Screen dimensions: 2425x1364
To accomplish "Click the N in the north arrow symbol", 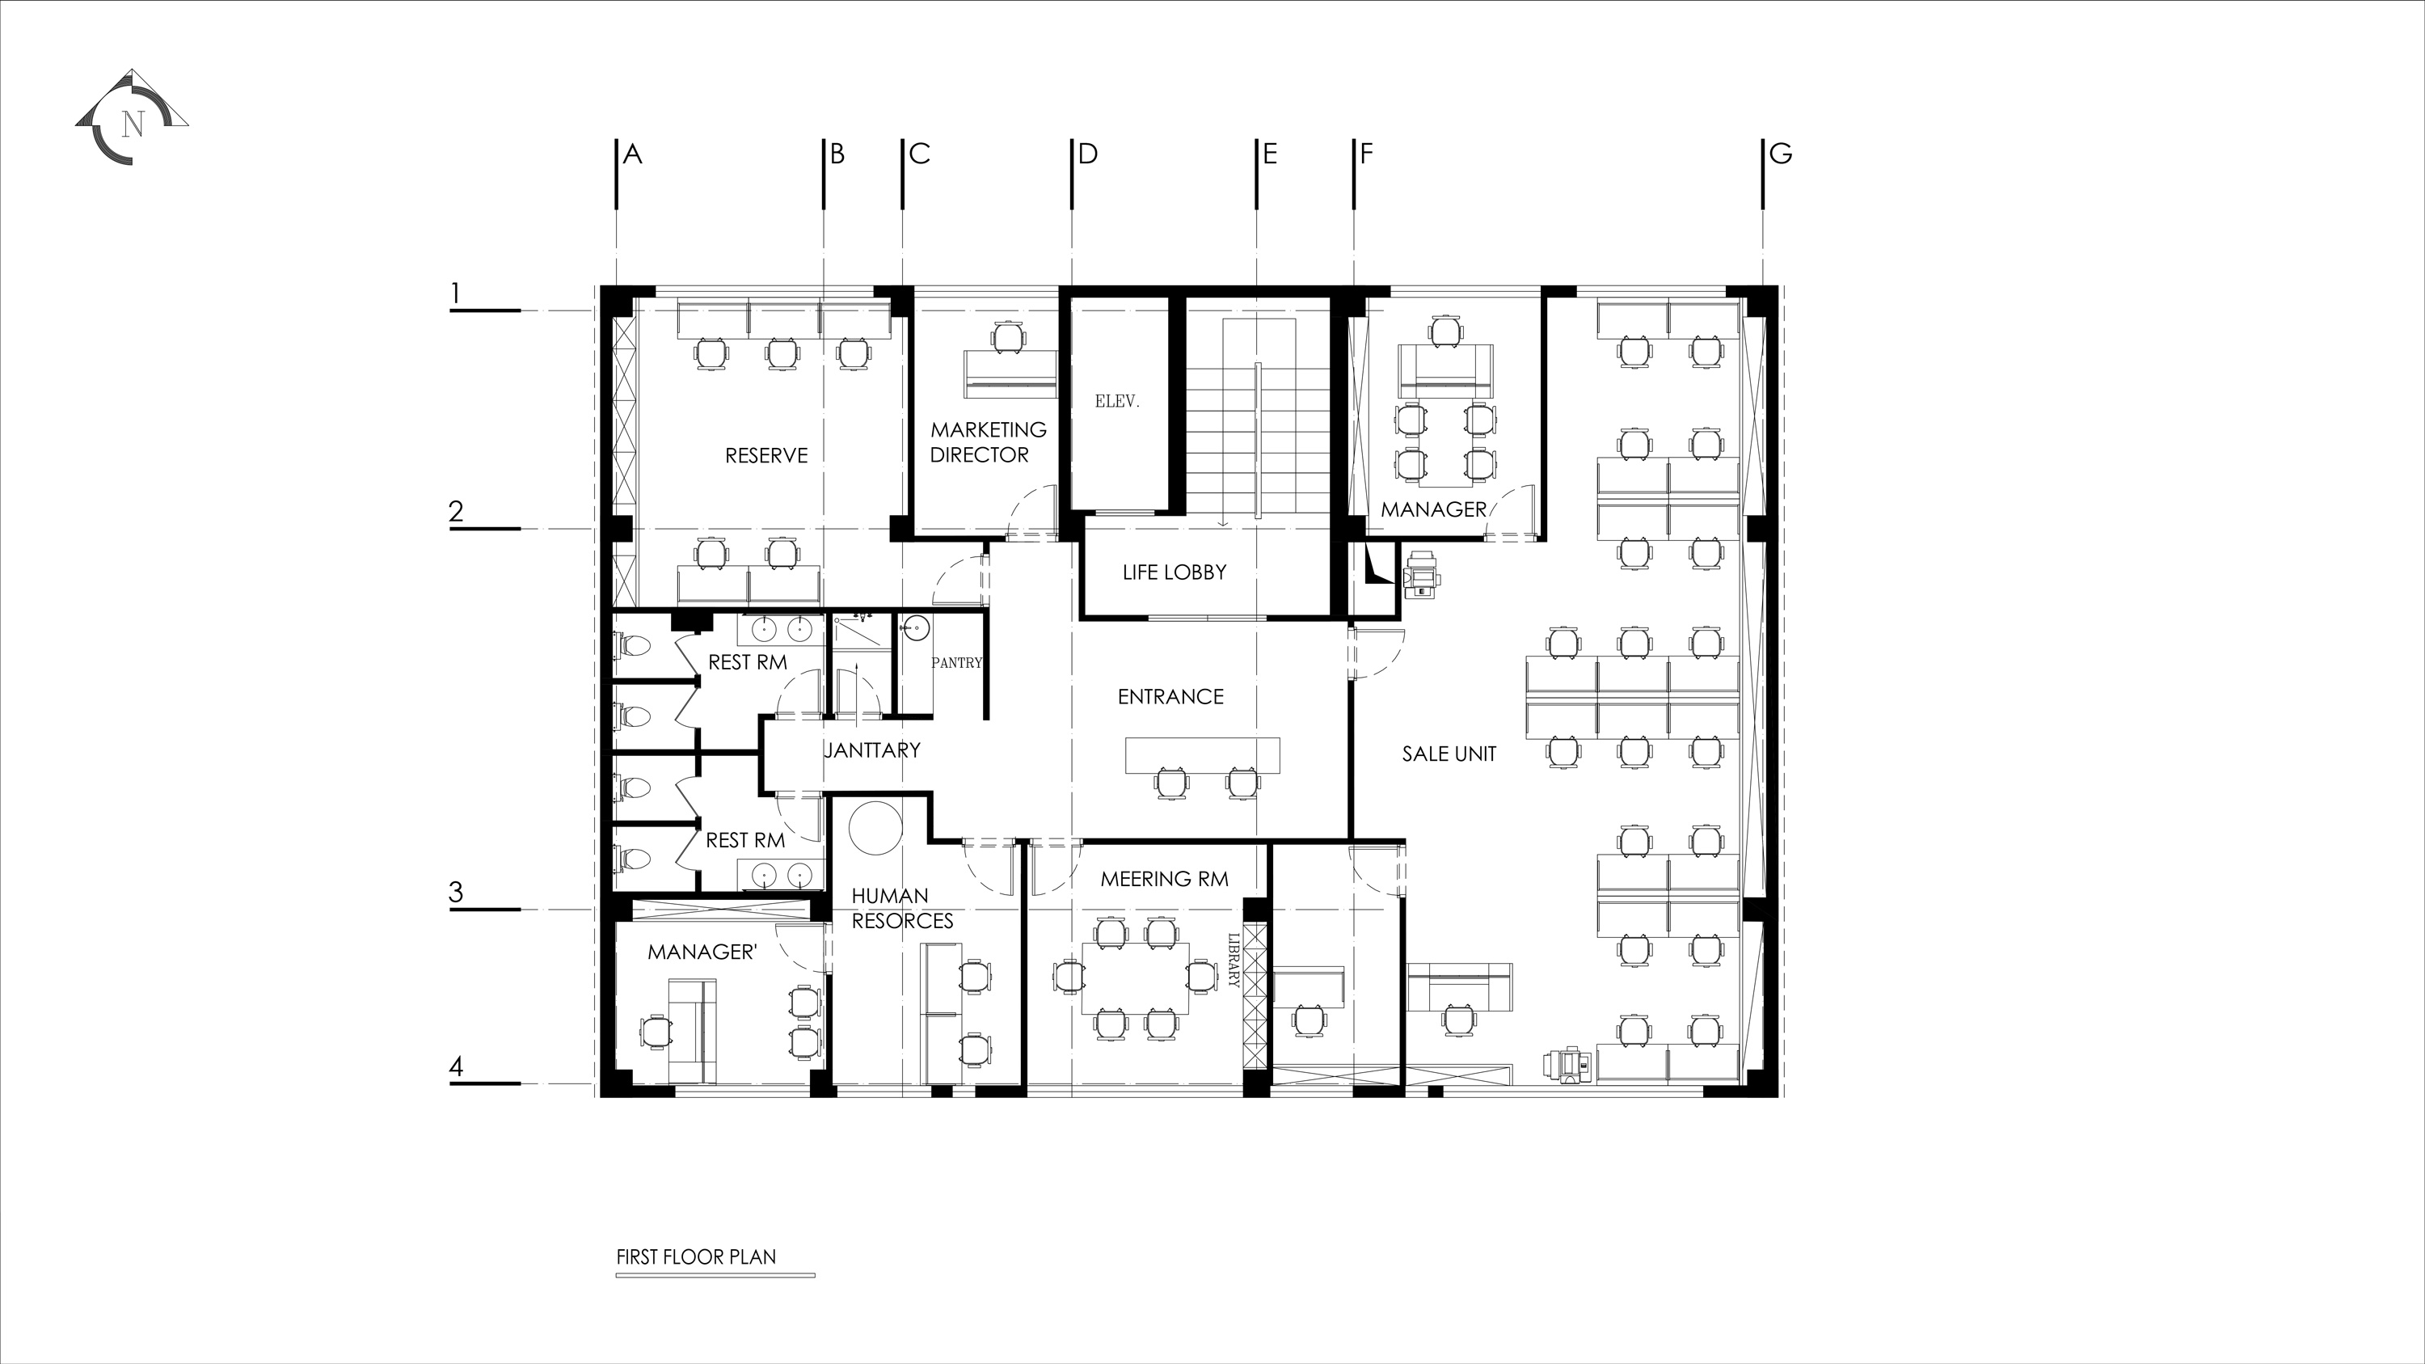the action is tap(133, 124).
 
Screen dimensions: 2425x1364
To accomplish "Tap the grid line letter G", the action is tap(1780, 154).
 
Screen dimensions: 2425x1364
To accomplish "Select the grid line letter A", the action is tap(633, 154).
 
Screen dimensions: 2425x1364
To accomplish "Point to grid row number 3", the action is tap(457, 893).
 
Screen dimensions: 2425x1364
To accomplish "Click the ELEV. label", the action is tap(1116, 401).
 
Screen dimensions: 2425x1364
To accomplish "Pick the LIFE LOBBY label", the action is tap(1174, 572).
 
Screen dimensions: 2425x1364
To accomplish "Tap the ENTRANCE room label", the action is tap(1170, 697).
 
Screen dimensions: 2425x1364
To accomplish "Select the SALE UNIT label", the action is tap(1449, 754).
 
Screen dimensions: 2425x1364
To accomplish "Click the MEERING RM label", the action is tap(1165, 879).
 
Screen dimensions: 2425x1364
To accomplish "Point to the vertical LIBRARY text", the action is tap(1234, 961).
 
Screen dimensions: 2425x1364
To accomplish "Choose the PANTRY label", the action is tap(956, 663).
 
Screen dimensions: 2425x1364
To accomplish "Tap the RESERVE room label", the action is tap(766, 455).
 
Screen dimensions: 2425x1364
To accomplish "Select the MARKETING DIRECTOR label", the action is tap(988, 442).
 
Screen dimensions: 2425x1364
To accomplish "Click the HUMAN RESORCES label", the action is tap(902, 909).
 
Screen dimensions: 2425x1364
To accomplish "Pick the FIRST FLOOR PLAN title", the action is tap(696, 1256).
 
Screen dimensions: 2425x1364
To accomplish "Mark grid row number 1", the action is tap(456, 293).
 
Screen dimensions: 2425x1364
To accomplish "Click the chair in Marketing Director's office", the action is tap(1008, 336).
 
